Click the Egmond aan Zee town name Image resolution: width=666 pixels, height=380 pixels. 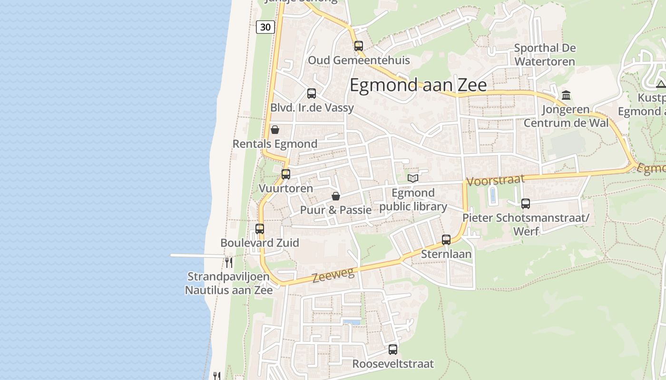click(418, 85)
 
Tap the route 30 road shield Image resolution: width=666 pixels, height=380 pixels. click(265, 27)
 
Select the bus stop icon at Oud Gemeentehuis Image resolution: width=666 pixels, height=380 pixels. click(359, 46)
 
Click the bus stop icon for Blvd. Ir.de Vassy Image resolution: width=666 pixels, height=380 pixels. click(312, 94)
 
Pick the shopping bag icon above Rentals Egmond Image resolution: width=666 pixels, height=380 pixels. click(275, 130)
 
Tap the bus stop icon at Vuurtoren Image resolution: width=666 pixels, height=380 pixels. click(286, 174)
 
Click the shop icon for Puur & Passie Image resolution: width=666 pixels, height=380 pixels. click(336, 196)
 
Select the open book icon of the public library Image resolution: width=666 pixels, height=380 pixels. click(413, 178)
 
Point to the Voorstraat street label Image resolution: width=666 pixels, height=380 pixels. click(496, 180)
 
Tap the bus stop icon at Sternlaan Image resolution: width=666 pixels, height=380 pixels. click(446, 240)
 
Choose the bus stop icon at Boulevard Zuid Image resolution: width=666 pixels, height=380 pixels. click(260, 229)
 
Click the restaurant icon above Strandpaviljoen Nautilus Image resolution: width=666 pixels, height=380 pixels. click(229, 262)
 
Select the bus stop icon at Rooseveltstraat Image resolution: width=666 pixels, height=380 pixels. click(393, 350)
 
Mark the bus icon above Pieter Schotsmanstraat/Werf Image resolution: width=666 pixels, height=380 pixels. click(526, 204)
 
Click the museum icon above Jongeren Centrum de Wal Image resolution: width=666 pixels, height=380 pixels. click(566, 95)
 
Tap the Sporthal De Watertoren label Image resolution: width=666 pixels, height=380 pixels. click(545, 55)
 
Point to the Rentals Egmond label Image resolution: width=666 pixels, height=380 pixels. click(275, 144)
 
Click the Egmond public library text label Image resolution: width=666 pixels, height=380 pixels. click(413, 200)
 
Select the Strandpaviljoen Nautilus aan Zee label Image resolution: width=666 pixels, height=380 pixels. click(229, 283)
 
